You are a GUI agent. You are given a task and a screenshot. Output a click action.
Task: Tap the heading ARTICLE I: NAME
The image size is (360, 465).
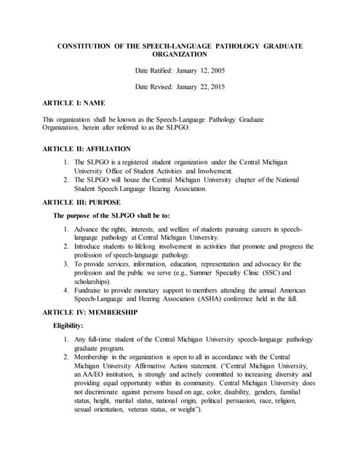(x=74, y=103)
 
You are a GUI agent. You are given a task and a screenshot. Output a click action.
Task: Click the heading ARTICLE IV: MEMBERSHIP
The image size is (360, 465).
(x=91, y=312)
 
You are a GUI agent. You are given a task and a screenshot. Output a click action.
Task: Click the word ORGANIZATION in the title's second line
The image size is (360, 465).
(x=180, y=54)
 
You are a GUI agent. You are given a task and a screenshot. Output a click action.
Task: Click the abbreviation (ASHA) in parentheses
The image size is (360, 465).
(x=220, y=299)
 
